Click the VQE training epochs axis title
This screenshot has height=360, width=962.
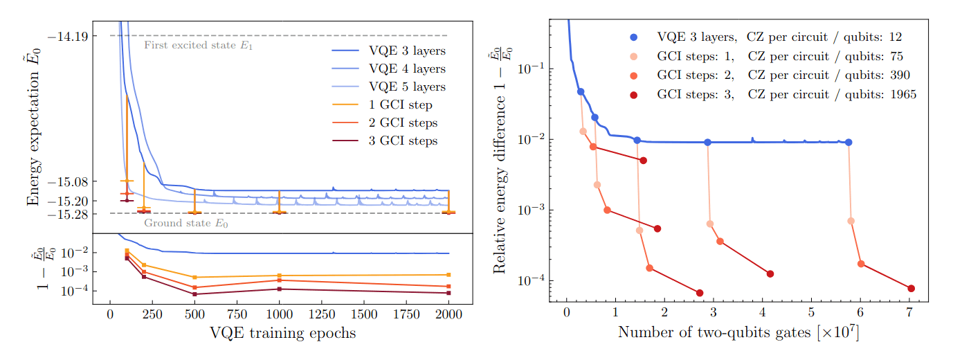[x=282, y=334]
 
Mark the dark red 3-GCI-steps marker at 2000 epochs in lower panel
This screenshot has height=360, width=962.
[x=448, y=293]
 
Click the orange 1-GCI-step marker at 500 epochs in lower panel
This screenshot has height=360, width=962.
[x=194, y=278]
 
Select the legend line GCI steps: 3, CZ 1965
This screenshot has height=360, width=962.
[x=786, y=95]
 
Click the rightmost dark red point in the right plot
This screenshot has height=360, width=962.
[x=911, y=289]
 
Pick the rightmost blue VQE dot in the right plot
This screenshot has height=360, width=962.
[x=848, y=142]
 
